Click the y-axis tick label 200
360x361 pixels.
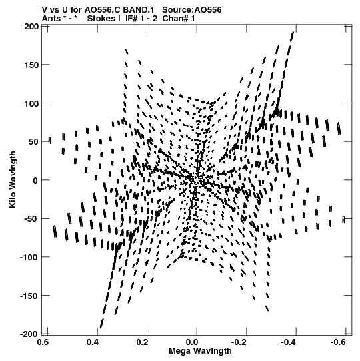click(x=31, y=27)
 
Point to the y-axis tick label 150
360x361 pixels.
click(x=31, y=65)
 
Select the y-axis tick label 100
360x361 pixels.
click(x=31, y=103)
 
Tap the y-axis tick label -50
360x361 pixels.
click(x=31, y=219)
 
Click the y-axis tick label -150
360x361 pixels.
click(x=29, y=296)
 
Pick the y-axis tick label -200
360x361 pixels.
click(x=29, y=334)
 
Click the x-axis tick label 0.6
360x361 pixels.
click(x=43, y=342)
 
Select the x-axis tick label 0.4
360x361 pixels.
click(x=93, y=342)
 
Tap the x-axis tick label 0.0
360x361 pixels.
click(x=192, y=342)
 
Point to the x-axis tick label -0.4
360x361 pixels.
click(x=289, y=342)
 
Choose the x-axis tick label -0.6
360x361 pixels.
click(x=339, y=342)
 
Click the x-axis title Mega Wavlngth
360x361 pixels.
click(x=200, y=351)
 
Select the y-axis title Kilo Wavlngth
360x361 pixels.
click(x=13, y=179)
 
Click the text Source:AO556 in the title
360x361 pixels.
click(x=192, y=9)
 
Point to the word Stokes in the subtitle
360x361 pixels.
click(x=101, y=19)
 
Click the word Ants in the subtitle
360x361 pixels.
click(x=51, y=19)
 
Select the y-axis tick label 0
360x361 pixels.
click(x=35, y=180)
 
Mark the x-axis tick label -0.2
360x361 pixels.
click(x=240, y=342)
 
